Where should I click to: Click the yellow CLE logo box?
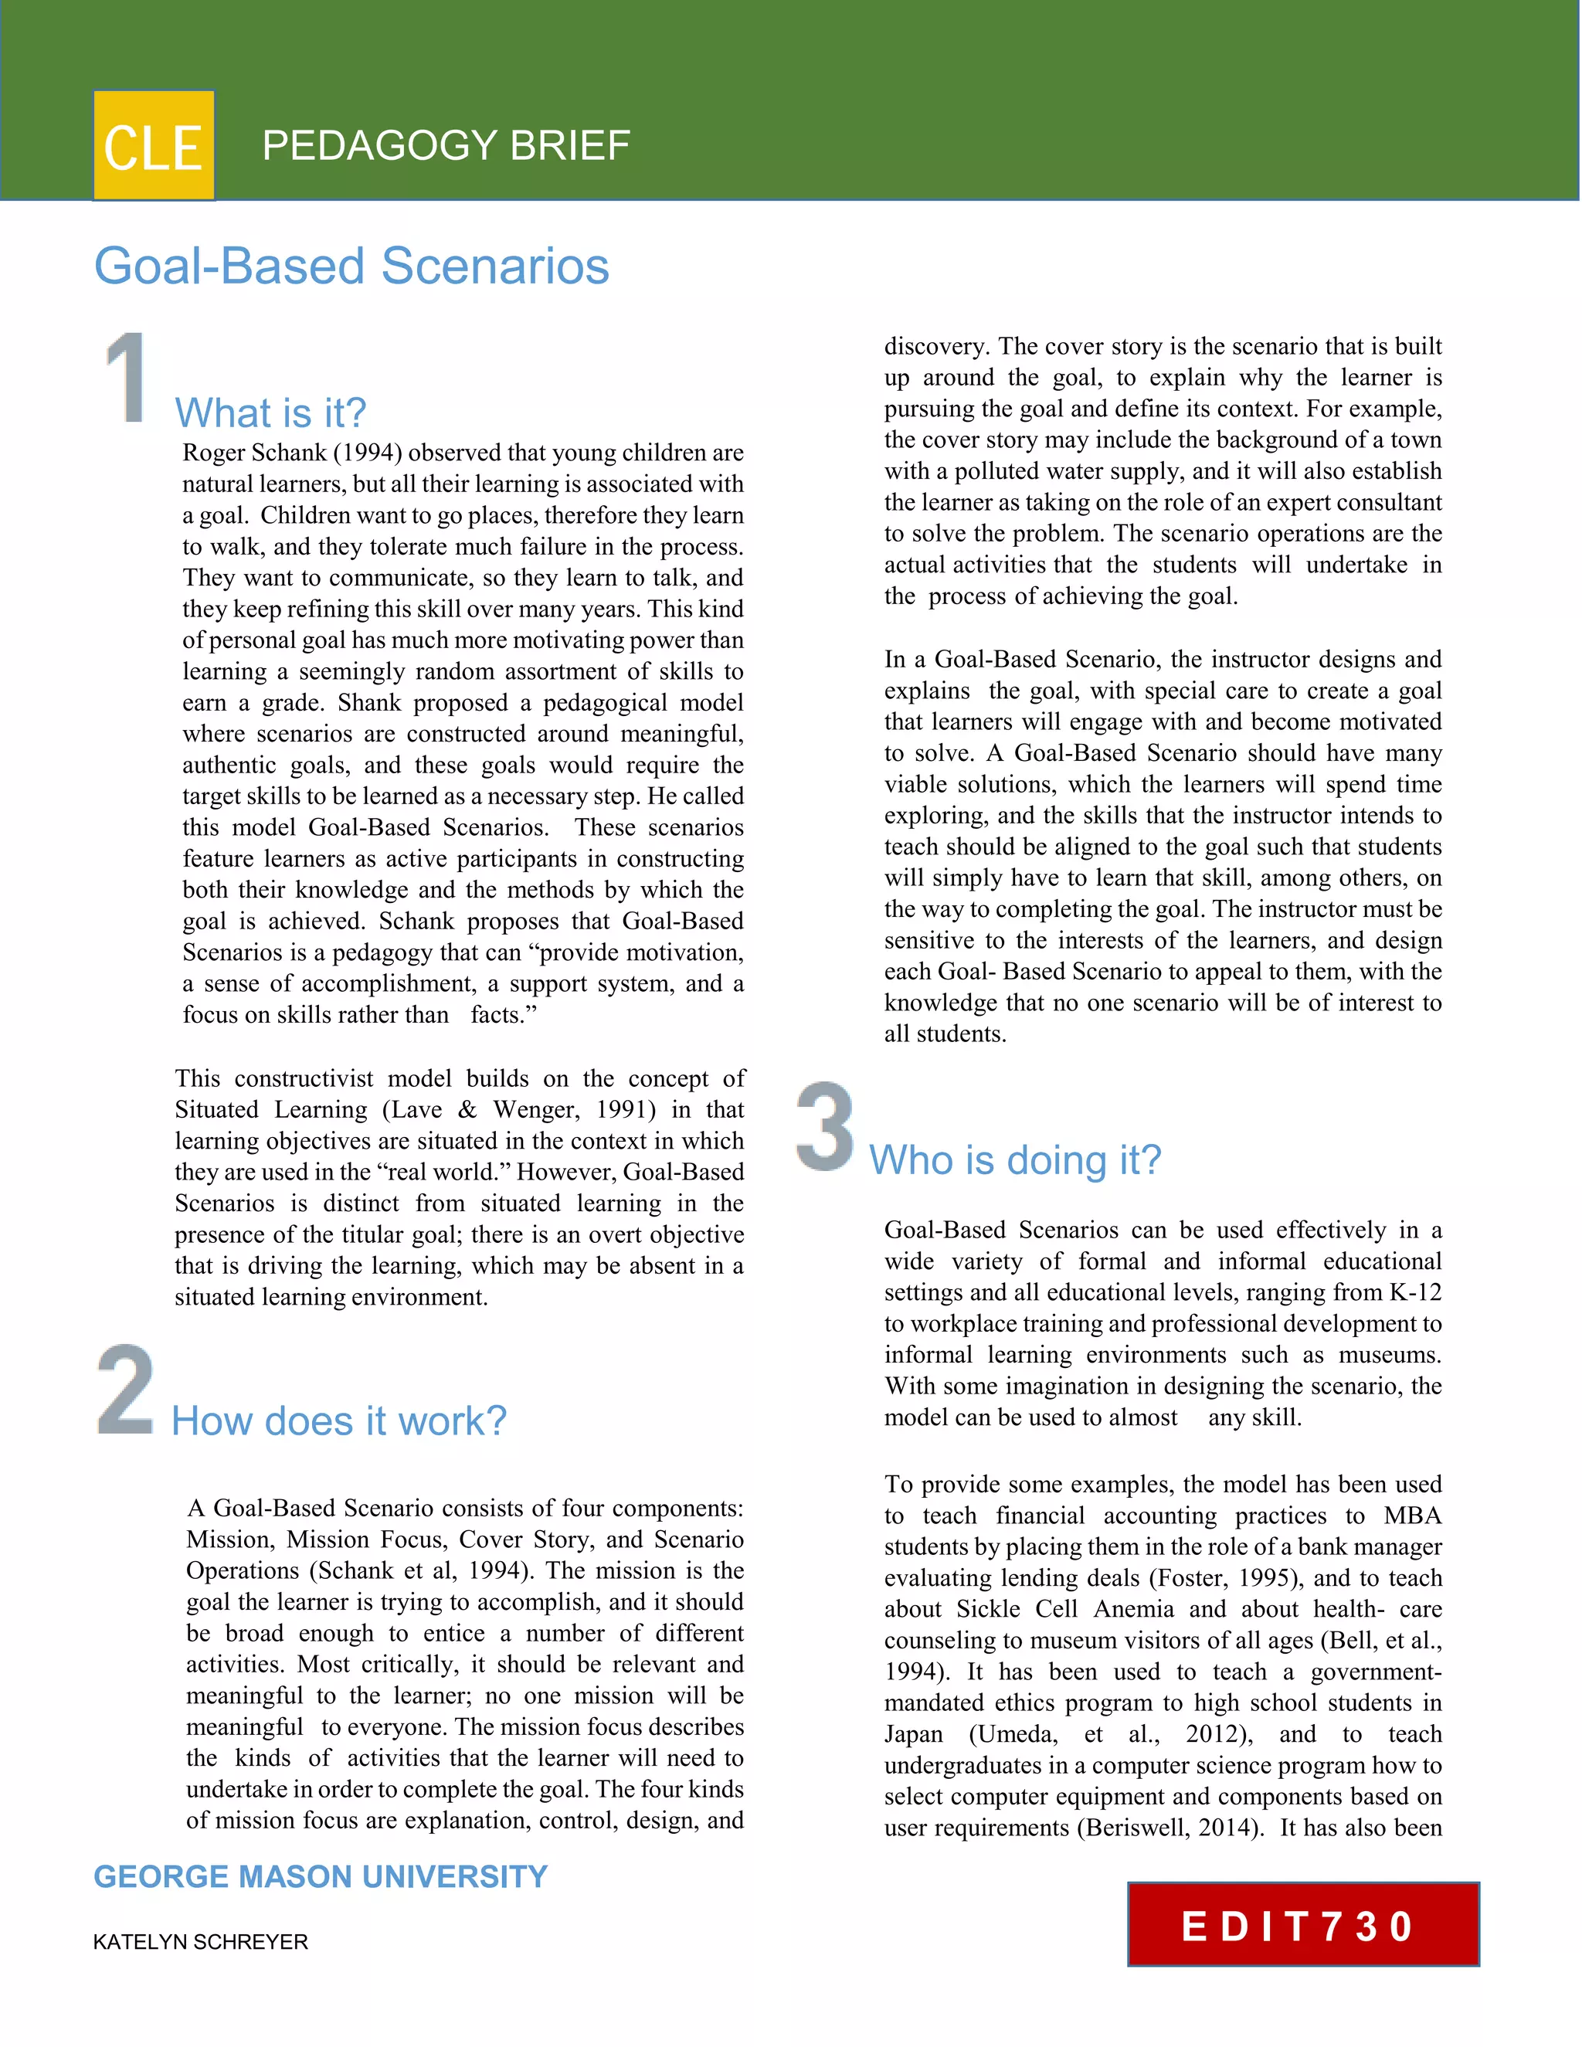(x=154, y=145)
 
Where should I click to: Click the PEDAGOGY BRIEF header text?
(x=446, y=145)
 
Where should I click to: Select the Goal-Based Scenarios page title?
(x=351, y=266)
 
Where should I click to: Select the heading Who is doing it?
(x=1015, y=1160)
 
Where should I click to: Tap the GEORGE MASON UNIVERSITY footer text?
(x=321, y=1877)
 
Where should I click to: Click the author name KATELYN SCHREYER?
(x=201, y=1942)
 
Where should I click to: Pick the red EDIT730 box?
(x=1302, y=1924)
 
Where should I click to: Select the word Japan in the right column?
(x=914, y=1735)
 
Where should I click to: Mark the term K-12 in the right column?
(x=1415, y=1293)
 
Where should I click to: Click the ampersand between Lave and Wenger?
(x=467, y=1111)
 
